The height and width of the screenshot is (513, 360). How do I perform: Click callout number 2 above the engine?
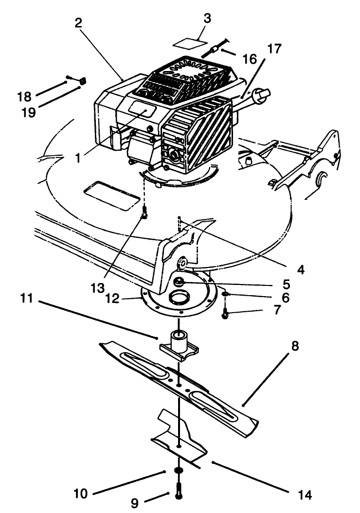78,23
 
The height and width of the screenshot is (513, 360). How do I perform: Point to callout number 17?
274,49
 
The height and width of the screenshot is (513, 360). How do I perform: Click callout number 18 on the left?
24,96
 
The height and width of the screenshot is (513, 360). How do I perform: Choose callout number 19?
28,112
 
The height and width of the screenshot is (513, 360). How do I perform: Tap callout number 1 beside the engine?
77,158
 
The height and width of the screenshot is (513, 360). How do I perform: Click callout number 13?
97,287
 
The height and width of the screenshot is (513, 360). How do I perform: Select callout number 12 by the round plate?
112,298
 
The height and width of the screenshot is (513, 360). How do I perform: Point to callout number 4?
301,269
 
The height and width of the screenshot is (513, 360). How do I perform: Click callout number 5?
287,284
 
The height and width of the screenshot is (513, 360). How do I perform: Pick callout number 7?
277,309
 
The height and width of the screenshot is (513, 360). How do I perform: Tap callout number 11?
26,298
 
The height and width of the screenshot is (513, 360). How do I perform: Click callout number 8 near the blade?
295,346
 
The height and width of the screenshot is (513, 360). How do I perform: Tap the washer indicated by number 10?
179,470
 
